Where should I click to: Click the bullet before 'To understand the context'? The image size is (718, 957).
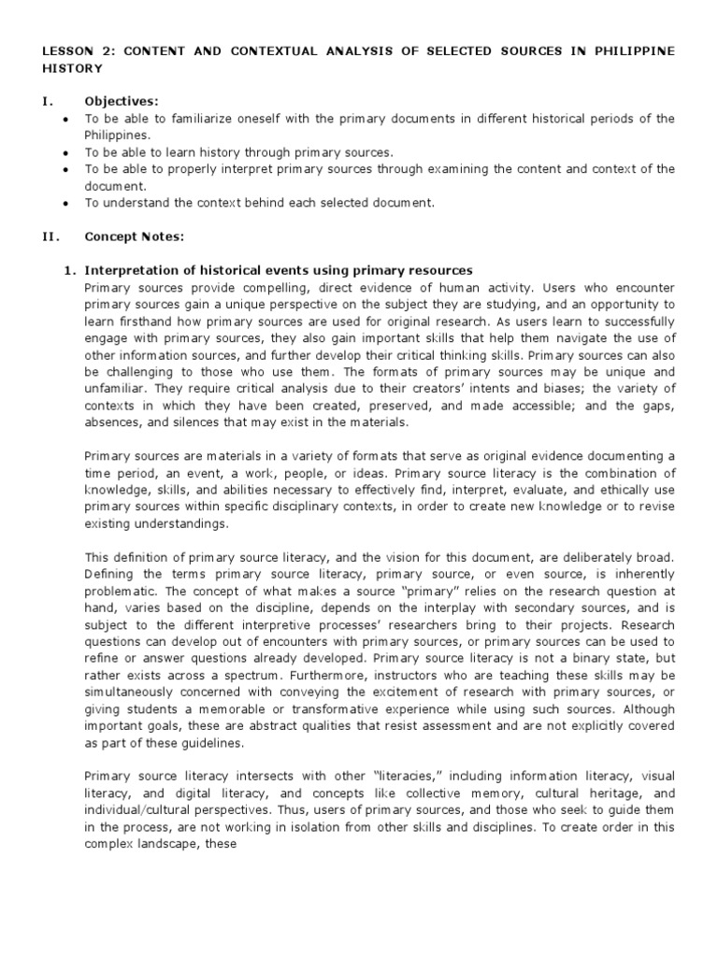64,203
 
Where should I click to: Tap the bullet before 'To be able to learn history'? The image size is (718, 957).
64,152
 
